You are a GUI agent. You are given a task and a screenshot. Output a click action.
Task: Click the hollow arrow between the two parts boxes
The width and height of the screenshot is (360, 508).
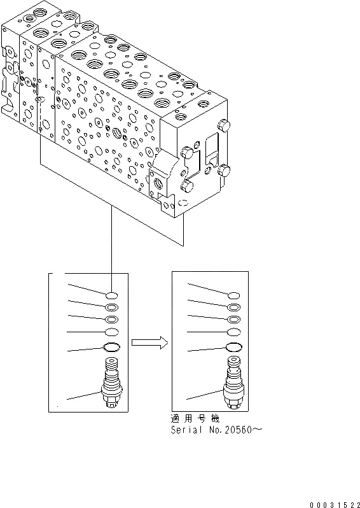point(149,343)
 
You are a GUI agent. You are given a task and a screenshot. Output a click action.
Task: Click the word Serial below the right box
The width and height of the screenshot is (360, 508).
point(186,430)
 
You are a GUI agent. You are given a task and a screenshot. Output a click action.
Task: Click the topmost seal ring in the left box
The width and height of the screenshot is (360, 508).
point(111,295)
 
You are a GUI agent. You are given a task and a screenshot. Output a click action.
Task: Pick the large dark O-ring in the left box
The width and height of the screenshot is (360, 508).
point(111,347)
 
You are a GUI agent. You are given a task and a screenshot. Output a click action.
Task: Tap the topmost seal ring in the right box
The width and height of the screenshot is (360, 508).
point(233,295)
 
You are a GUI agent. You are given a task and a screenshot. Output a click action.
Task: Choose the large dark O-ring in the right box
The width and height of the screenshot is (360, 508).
point(233,347)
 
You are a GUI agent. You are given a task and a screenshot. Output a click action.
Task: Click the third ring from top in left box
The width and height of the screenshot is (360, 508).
point(111,320)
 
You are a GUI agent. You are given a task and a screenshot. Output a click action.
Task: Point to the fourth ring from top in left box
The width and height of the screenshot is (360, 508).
point(111,332)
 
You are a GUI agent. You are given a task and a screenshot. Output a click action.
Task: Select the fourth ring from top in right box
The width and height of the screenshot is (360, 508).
point(233,332)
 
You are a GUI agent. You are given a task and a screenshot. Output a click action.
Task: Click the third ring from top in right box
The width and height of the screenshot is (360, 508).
point(233,320)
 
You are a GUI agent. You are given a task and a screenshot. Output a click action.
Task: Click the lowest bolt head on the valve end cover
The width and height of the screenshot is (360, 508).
point(186,185)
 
